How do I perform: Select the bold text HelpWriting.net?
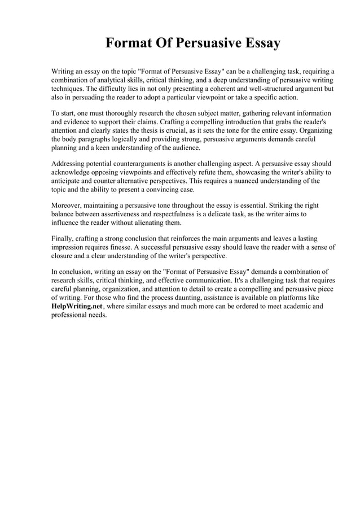pos(71,306)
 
